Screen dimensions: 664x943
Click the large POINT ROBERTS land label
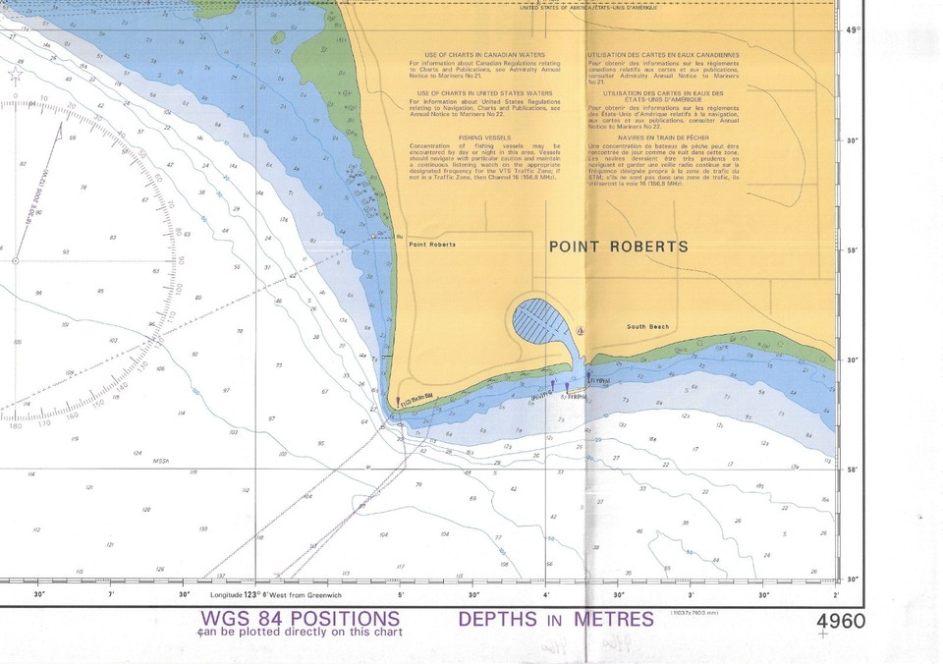pyautogui.click(x=618, y=247)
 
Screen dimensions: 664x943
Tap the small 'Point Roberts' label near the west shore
pyautogui.click(x=432, y=245)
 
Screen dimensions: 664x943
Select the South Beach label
pyautogui.click(x=647, y=326)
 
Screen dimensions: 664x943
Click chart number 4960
pyautogui.click(x=840, y=621)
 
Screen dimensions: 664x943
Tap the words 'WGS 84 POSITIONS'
pyautogui.click(x=301, y=619)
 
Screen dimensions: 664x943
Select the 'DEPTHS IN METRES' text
pyautogui.click(x=555, y=619)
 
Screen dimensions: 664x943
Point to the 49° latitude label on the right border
pyautogui.click(x=853, y=29)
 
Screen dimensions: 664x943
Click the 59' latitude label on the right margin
pyautogui.click(x=852, y=250)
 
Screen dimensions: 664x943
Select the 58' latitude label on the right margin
pyautogui.click(x=852, y=470)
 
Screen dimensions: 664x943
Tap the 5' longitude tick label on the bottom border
pyautogui.click(x=401, y=594)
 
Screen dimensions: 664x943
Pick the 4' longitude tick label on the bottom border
pyautogui.click(x=546, y=594)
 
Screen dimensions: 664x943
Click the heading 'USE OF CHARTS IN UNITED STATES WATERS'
pyautogui.click(x=485, y=92)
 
